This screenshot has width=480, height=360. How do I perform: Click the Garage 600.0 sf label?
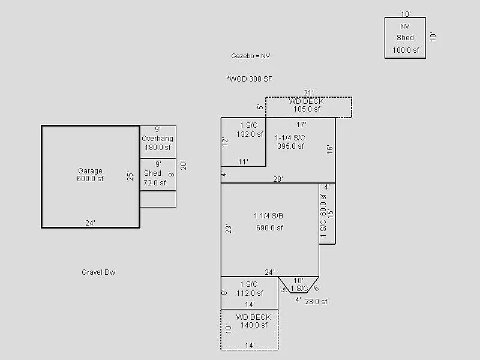[x=90, y=175]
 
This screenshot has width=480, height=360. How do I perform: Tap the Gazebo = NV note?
[x=251, y=56]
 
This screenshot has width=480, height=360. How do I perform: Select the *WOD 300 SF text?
[x=250, y=79]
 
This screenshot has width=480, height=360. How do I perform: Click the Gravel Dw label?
[x=98, y=272]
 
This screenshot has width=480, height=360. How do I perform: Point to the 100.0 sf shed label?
[x=405, y=50]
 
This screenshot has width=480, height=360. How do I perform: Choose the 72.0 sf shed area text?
[x=154, y=182]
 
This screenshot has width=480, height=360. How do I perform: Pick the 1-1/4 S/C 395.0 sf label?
[x=290, y=142]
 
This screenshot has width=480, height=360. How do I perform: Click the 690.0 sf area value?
[x=269, y=228]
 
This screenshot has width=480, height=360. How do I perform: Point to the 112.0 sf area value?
[x=250, y=293]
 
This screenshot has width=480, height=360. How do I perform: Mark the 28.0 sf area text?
[x=316, y=302]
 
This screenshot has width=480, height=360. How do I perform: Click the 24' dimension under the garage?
[x=90, y=223]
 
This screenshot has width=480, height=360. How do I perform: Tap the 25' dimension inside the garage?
[x=130, y=176]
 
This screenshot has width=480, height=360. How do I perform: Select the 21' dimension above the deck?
[x=308, y=93]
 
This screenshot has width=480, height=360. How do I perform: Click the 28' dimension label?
[x=278, y=179]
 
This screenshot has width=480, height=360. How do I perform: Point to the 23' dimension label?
[x=228, y=229]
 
